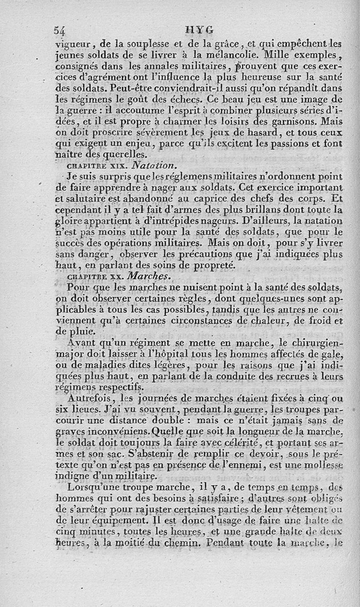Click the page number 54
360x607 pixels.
point(60,31)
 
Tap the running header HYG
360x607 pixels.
point(199,30)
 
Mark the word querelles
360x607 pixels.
point(121,155)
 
